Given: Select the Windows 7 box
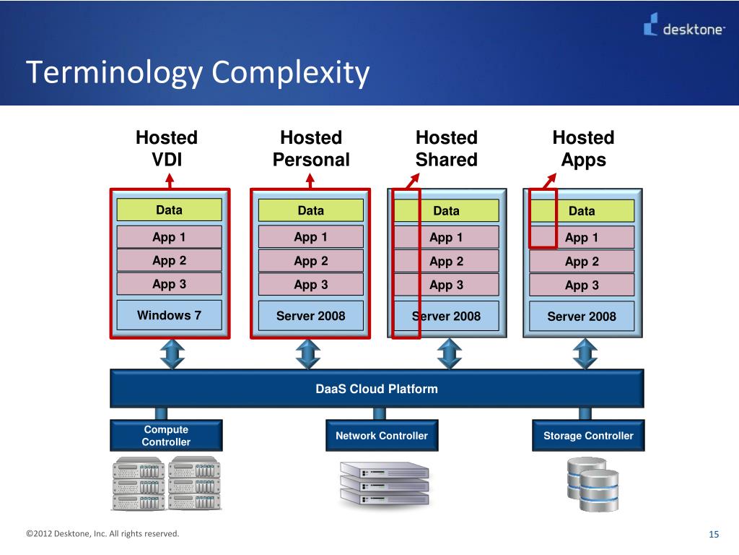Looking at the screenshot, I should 169,315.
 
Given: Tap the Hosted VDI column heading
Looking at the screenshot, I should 167,148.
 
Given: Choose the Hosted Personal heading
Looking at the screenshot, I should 311,148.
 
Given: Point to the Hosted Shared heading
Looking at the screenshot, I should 447,148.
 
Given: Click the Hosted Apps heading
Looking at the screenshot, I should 583,148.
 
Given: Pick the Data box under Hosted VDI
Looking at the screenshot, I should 169,210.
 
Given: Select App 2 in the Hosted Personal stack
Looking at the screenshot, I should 310,261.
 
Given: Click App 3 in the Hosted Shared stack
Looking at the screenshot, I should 446,285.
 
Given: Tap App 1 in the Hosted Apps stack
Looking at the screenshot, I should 581,238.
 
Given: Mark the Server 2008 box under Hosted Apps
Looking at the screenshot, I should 582,316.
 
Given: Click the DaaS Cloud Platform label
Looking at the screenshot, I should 376,389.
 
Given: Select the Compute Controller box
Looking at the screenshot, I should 166,436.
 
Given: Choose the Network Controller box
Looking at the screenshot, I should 381,436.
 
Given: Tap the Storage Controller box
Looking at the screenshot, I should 587,436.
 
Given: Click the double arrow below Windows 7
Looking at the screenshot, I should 172,353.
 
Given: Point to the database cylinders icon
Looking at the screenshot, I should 592,482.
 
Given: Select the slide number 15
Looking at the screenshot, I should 714,534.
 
